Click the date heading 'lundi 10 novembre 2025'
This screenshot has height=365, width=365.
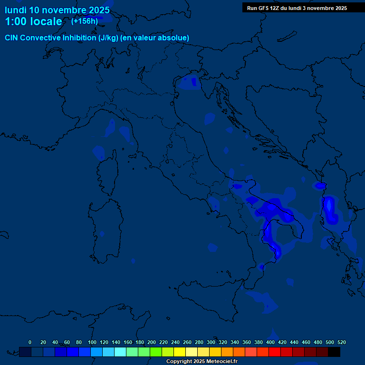click(x=57, y=10)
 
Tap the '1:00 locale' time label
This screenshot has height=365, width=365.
click(x=33, y=21)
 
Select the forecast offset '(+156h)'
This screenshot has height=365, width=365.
click(x=85, y=21)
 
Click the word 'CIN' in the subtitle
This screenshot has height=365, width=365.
click(x=11, y=38)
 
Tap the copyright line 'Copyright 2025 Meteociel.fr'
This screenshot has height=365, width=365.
click(x=202, y=361)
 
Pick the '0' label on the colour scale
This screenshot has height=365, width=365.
click(x=30, y=342)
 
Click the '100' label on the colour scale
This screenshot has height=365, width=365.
click(x=92, y=342)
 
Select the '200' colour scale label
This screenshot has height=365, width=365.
click(x=152, y=342)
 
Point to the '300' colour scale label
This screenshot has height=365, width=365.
click(x=211, y=342)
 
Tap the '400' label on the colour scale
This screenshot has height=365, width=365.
click(x=270, y=342)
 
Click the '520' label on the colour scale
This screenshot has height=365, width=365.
click(x=342, y=342)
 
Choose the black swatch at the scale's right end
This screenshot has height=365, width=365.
click(x=334, y=352)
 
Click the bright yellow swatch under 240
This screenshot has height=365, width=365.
click(x=180, y=352)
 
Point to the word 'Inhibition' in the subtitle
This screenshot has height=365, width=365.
click(x=79, y=38)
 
